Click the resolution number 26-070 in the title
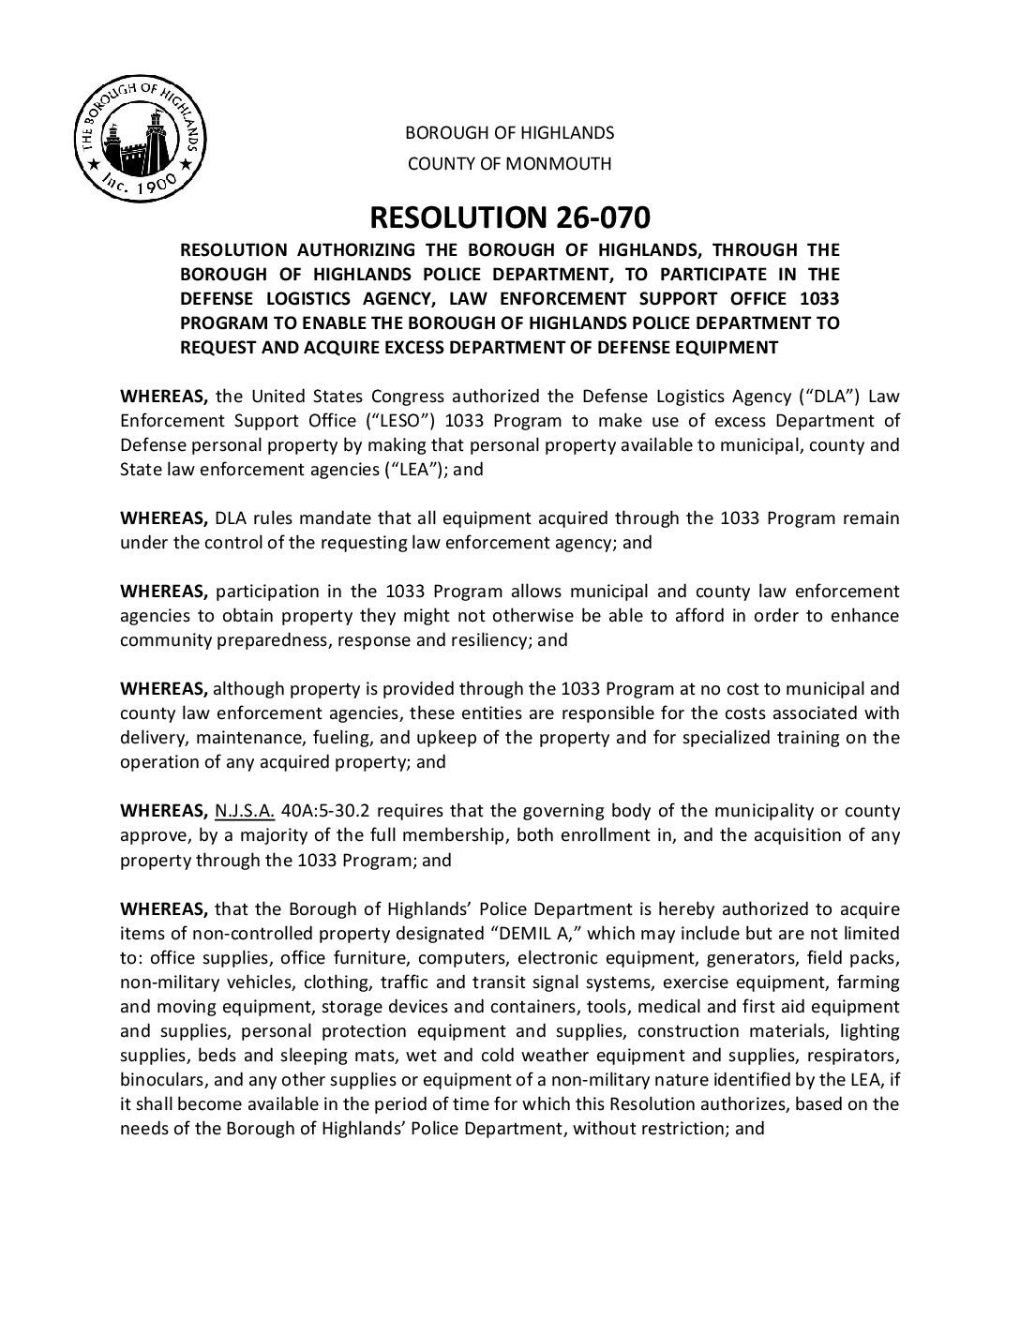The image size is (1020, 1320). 595,218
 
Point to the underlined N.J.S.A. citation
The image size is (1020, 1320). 245,811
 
